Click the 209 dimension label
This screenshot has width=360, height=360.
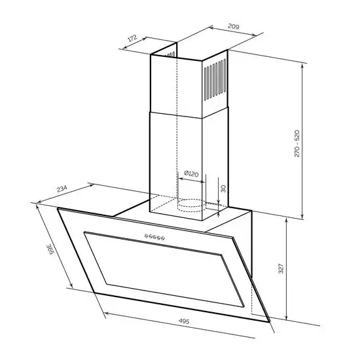234,26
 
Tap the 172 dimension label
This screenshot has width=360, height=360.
132,38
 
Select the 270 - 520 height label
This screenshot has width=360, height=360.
297,143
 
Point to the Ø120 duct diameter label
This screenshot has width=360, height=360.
191,174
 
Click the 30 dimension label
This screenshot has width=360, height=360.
223,189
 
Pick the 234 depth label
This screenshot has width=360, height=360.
62,189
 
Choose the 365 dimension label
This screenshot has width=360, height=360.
50,249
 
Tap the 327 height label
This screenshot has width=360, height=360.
281,268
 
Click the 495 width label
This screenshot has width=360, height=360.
184,321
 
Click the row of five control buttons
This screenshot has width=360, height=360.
154,237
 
